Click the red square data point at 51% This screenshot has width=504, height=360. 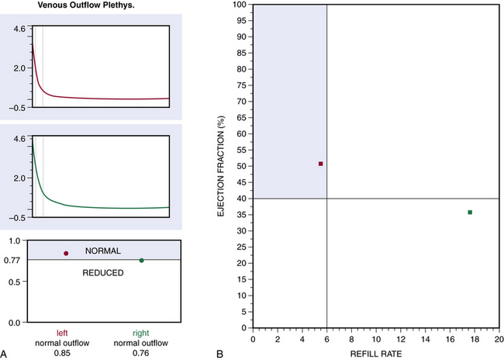321,164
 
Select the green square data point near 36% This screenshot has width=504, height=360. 470,212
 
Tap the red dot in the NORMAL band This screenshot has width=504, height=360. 66,253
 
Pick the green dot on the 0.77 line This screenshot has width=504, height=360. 141,261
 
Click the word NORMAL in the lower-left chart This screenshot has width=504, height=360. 103,251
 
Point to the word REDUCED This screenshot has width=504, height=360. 103,272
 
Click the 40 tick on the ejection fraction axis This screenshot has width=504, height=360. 243,199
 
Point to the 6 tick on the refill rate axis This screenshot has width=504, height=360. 327,339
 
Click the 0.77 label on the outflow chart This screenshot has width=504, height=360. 14,260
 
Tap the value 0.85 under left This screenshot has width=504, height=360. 66,354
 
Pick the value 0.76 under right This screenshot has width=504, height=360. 141,354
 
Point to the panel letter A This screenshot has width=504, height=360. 5,354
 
